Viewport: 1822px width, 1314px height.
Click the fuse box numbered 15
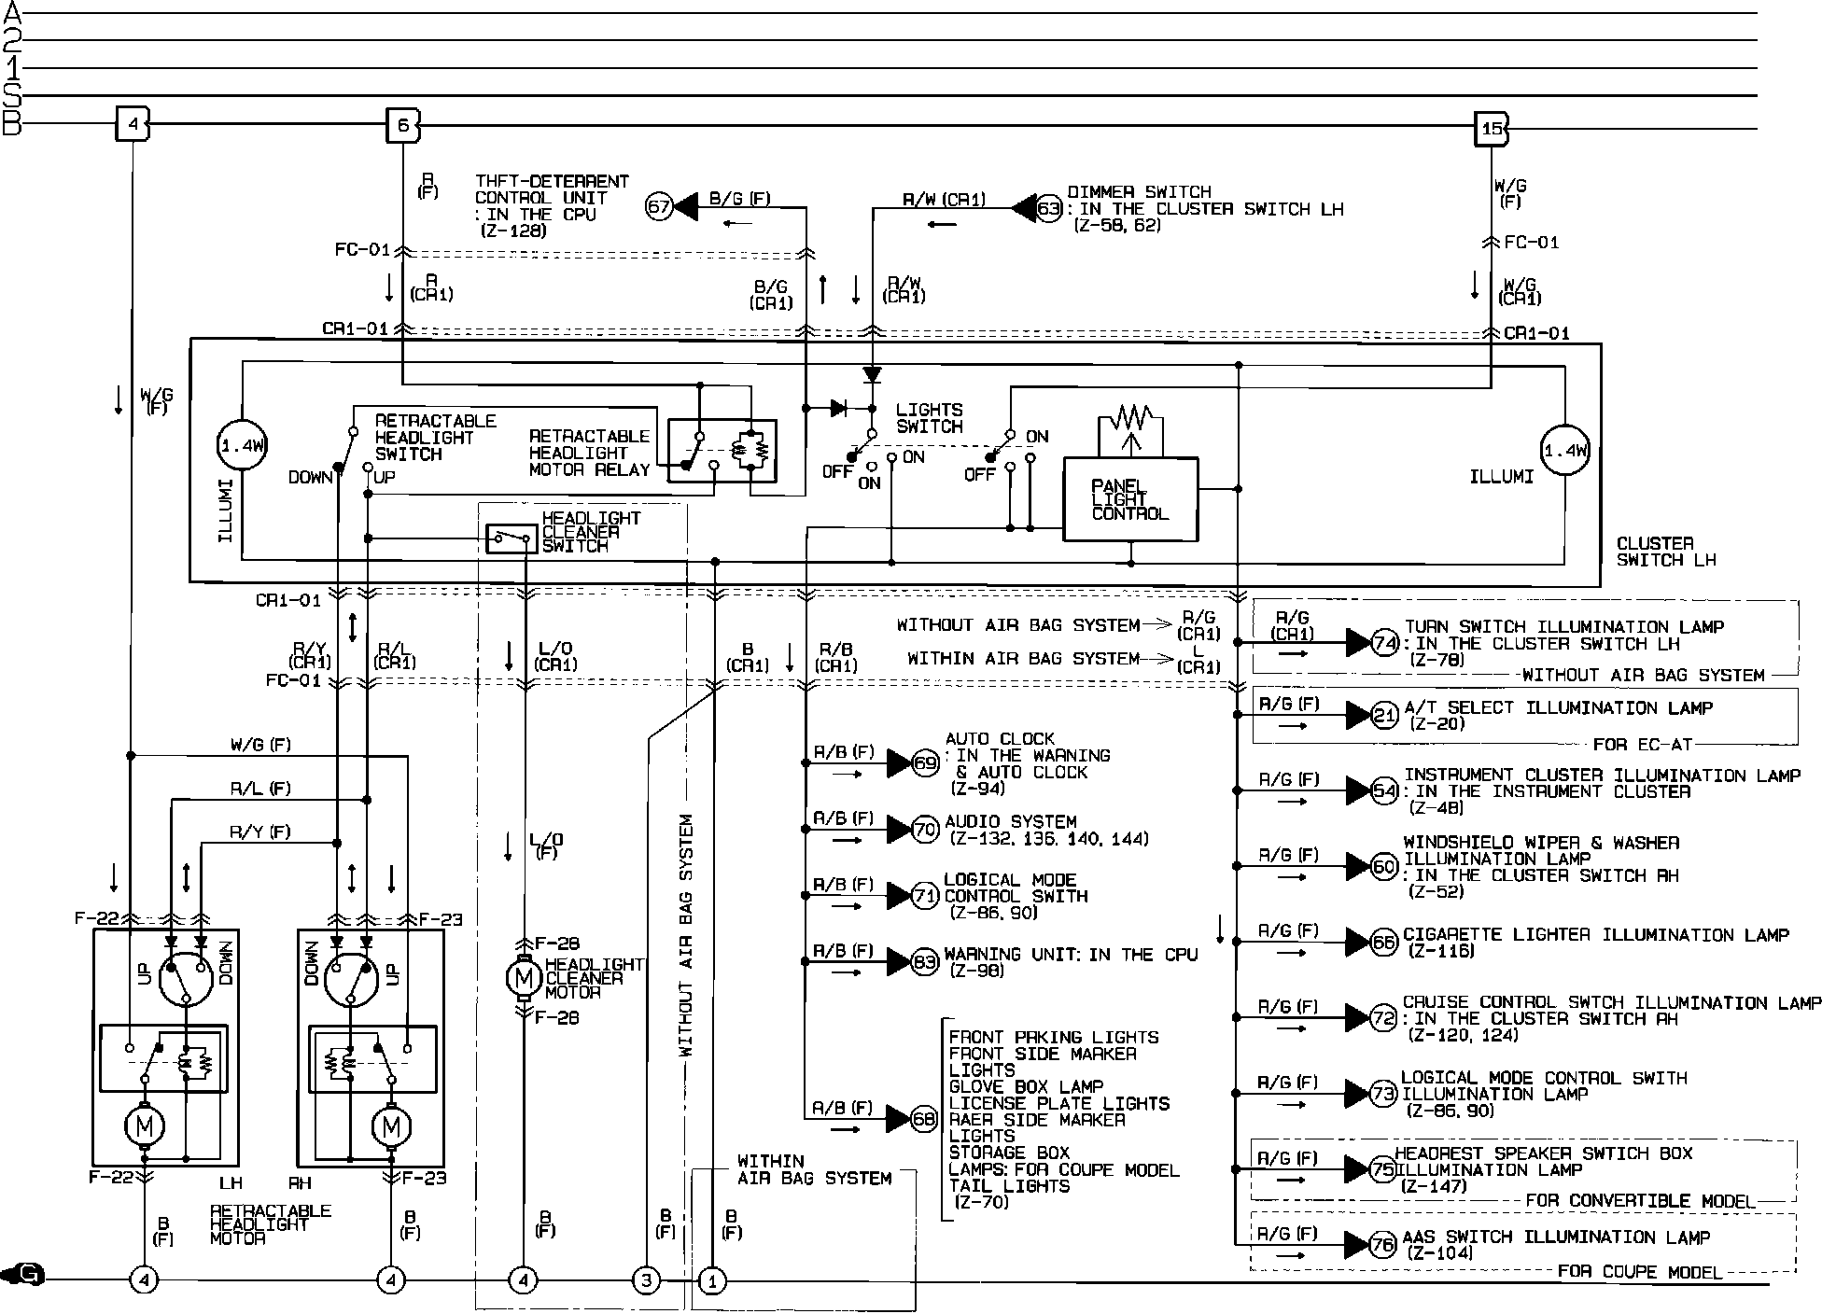tap(1491, 129)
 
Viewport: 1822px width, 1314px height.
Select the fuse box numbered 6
tap(402, 125)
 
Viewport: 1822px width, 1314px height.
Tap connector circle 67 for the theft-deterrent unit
tap(659, 206)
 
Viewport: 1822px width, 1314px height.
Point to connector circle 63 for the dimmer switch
tap(1049, 208)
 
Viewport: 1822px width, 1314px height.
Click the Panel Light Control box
tap(1130, 499)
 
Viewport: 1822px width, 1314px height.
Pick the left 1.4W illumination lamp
tap(242, 446)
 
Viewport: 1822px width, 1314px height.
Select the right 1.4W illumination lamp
tap(1564, 452)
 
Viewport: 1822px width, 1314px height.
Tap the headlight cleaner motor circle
tap(523, 978)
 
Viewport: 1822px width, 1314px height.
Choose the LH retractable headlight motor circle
tap(144, 1126)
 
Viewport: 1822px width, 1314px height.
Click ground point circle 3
tap(646, 1280)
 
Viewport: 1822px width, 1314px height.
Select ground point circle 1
tap(712, 1280)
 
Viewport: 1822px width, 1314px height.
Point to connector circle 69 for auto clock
tap(925, 763)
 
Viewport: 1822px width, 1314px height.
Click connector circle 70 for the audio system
tap(925, 829)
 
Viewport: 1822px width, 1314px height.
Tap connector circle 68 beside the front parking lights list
tap(923, 1118)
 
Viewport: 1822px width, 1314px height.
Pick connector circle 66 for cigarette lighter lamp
tap(1383, 942)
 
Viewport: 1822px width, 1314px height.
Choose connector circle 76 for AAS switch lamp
tap(1382, 1244)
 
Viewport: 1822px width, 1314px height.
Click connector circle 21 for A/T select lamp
tap(1384, 716)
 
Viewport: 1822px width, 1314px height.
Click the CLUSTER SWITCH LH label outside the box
tap(1665, 552)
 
